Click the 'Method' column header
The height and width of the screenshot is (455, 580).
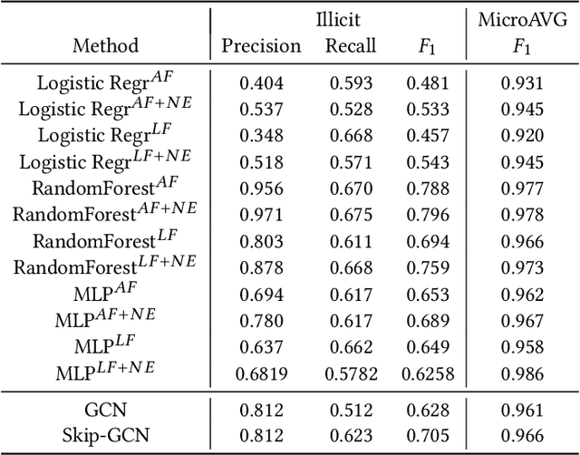coord(106,45)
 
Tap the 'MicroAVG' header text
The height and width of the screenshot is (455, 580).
coord(522,18)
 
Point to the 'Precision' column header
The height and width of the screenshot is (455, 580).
coord(261,45)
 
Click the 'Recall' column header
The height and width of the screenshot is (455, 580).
coord(350,45)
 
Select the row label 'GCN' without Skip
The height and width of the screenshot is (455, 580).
coord(106,408)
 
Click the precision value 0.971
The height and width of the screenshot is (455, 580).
coord(261,214)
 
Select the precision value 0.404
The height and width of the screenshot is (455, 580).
coord(261,84)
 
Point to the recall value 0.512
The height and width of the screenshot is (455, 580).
coord(350,408)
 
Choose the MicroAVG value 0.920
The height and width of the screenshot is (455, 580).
coord(522,136)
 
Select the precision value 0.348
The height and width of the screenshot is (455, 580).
coord(261,136)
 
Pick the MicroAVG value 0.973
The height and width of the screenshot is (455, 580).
coord(522,266)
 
